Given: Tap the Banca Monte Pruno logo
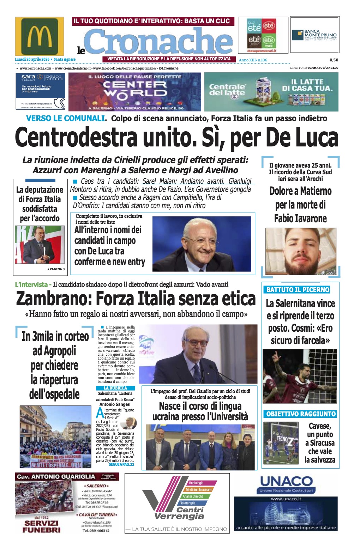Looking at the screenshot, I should point(314,35).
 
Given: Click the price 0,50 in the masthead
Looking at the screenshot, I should point(334,60).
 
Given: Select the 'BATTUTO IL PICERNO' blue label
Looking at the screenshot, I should point(298,290).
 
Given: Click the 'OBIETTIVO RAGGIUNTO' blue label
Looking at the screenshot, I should point(301,414).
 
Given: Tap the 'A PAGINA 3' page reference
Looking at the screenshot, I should point(56,269).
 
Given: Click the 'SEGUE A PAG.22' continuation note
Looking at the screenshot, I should point(121,464).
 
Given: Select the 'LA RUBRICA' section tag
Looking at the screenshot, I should point(115,388).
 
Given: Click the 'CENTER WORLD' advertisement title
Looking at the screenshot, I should point(135,89).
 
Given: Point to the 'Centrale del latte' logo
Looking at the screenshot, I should point(227,90).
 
